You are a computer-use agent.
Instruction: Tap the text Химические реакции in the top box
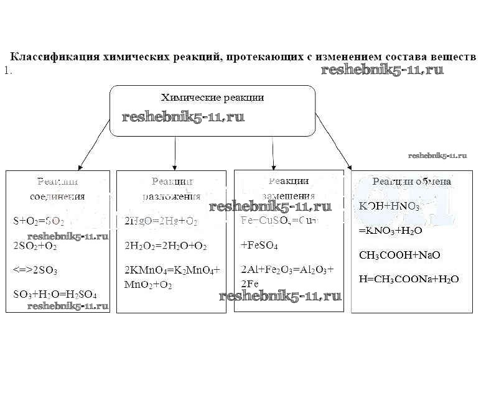point(212,98)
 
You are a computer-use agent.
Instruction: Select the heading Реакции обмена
point(411,182)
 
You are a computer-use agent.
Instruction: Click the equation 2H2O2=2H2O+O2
point(165,246)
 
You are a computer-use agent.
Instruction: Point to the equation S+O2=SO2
point(38,221)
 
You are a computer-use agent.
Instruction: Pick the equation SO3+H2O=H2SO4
point(54,293)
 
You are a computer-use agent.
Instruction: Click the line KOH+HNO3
point(389,206)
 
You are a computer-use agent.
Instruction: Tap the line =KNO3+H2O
point(391,231)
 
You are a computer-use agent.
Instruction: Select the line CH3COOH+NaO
point(395,255)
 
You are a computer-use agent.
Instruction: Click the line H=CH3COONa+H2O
point(409,279)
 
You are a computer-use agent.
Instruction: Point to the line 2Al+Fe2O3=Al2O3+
point(287,270)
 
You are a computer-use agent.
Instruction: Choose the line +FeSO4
point(259,246)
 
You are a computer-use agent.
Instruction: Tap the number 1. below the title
point(8,71)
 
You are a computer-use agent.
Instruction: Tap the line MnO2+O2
point(148,285)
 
